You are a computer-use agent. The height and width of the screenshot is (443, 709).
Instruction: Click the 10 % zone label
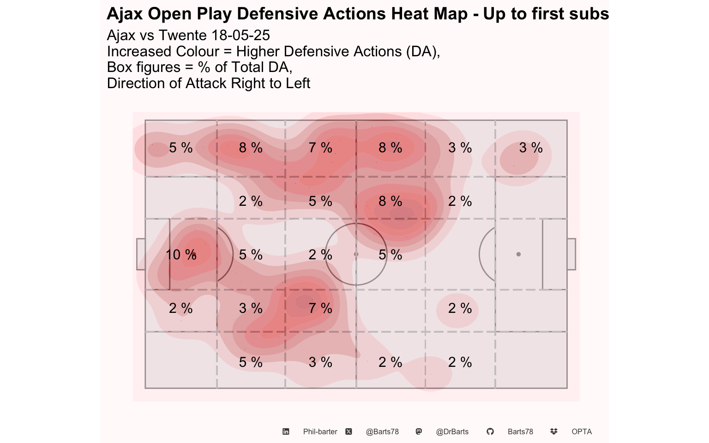tap(181, 255)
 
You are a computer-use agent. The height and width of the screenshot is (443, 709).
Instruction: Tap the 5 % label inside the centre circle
tap(390, 255)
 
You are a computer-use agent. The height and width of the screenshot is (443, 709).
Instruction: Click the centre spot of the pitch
tap(356, 254)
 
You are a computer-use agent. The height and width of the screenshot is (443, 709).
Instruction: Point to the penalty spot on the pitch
tap(518, 254)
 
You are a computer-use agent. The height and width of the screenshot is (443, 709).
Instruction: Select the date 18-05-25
tap(240, 35)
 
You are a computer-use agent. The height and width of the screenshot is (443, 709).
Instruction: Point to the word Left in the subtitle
tap(298, 84)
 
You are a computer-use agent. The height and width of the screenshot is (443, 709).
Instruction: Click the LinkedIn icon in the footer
tap(286, 431)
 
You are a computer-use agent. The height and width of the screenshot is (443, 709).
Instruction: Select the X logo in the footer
tap(348, 431)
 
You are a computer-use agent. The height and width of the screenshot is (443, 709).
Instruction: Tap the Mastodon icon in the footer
tap(419, 431)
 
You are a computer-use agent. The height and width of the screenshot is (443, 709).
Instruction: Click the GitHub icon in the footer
tap(490, 431)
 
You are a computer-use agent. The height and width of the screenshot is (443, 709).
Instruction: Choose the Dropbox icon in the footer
tap(553, 431)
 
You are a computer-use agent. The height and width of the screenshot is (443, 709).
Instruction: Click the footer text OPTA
tap(582, 431)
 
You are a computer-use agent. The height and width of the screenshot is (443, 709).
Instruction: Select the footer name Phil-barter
tap(320, 431)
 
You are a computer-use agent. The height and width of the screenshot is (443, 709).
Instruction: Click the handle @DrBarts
tap(452, 431)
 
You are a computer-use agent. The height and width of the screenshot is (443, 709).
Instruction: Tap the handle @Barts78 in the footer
tap(382, 431)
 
